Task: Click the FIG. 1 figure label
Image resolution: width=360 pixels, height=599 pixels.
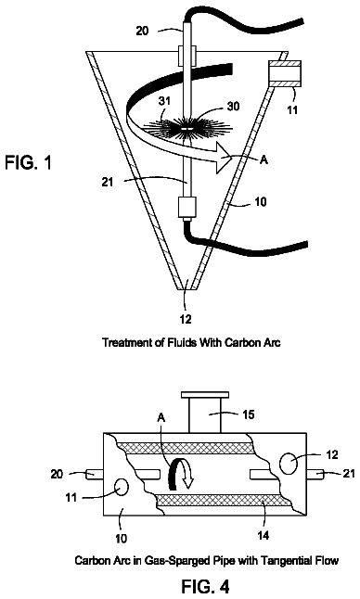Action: [28, 162]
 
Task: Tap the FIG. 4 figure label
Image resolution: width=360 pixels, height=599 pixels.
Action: [205, 586]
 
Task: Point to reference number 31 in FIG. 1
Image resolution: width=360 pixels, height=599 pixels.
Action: [165, 101]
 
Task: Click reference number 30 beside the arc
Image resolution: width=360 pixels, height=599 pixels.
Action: [233, 106]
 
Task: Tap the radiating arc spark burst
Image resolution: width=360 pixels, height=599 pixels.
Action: [186, 130]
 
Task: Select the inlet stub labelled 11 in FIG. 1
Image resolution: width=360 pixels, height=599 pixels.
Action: [284, 73]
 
